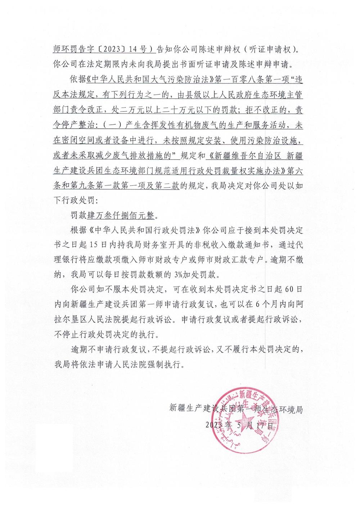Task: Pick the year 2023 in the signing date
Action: click(213, 425)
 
